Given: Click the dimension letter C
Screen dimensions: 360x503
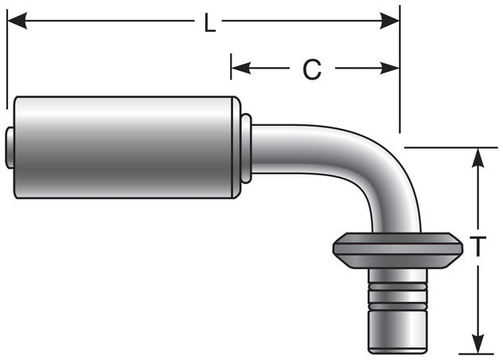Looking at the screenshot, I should tap(312, 70).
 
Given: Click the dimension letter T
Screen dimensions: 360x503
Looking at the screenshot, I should tap(478, 248).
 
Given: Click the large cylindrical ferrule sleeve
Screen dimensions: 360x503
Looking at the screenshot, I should tap(127, 147).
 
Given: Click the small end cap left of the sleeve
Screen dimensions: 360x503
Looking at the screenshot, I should tap(10, 147).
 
